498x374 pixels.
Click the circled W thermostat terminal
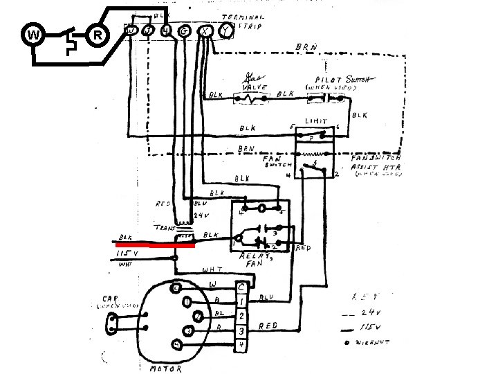(33, 35)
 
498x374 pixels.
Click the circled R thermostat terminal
(98, 35)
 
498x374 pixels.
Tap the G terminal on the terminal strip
(185, 30)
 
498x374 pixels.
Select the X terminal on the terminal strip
(205, 30)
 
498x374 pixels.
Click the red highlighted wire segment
(156, 244)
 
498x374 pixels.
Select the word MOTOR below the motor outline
(166, 368)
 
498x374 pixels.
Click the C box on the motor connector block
(241, 286)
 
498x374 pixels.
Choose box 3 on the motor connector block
(241, 329)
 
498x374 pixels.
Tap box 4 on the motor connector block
(241, 344)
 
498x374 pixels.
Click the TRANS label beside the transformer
(164, 225)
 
